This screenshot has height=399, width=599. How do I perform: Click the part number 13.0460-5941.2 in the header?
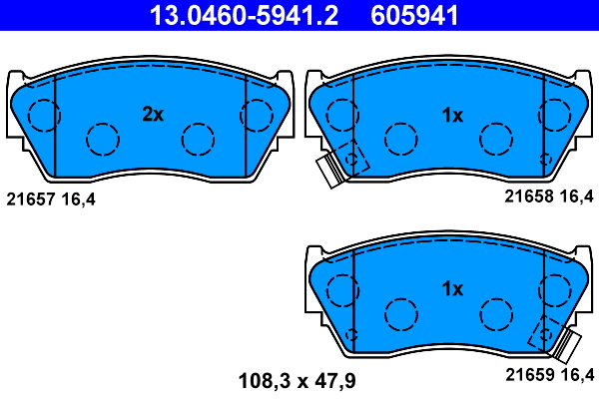(x=244, y=15)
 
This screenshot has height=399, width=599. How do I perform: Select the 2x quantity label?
(x=152, y=115)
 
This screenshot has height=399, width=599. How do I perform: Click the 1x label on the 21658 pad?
(x=452, y=115)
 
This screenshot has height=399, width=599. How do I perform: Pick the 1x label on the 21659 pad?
(x=452, y=289)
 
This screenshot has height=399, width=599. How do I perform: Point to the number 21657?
(x=30, y=199)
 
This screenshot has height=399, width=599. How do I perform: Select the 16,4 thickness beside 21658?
(x=576, y=199)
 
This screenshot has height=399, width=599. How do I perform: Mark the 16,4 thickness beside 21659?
(x=576, y=376)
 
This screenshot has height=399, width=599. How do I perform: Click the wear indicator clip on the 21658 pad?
(x=329, y=171)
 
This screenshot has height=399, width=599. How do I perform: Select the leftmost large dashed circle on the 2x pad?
(x=43, y=117)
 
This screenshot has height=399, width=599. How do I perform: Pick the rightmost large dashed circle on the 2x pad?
(x=257, y=117)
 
